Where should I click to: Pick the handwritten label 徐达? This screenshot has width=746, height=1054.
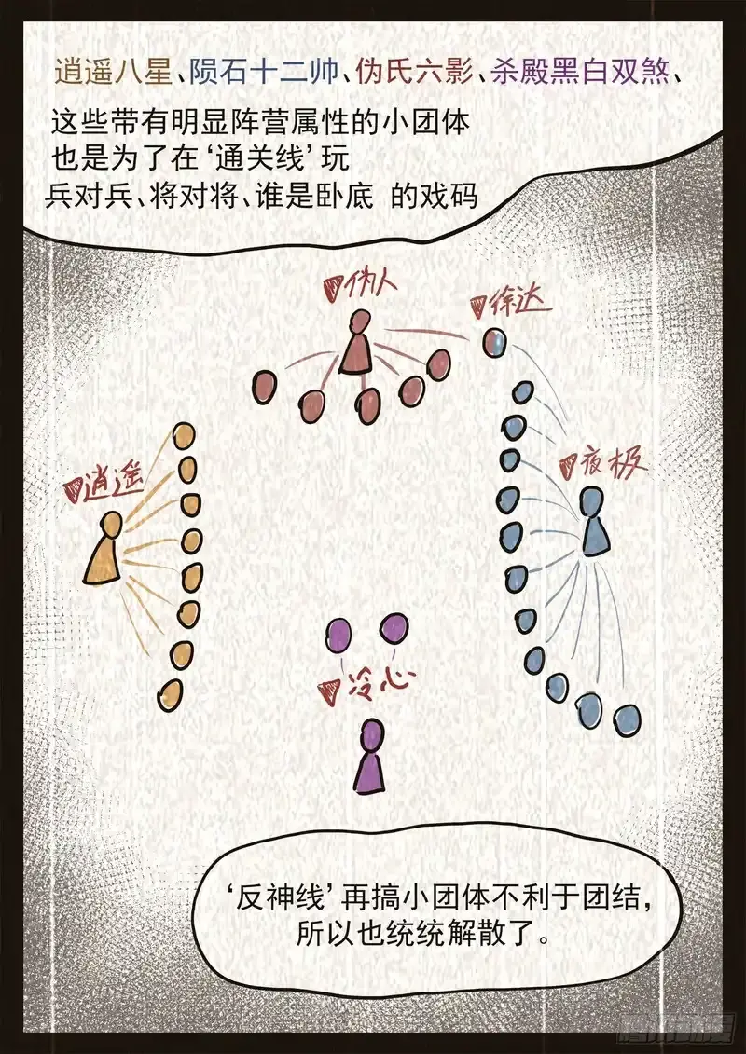pyautogui.click(x=512, y=303)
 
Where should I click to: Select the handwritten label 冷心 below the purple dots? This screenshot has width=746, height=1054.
pyautogui.click(x=366, y=688)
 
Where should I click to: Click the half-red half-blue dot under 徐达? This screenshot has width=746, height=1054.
pyautogui.click(x=495, y=343)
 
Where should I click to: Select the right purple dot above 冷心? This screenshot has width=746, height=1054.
pyautogui.click(x=394, y=627)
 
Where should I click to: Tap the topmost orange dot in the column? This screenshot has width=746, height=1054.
pyautogui.click(x=184, y=436)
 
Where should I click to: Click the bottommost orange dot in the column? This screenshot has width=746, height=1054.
pyautogui.click(x=170, y=693)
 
